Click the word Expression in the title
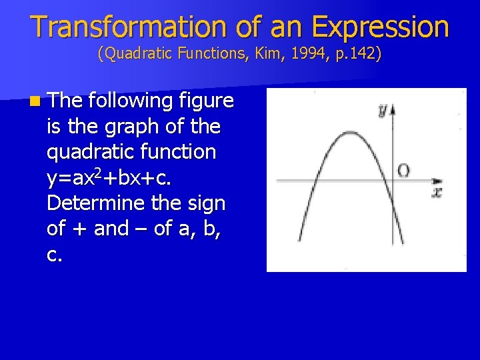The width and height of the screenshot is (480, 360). pos(380,27)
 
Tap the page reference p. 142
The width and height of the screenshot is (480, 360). pos(357,53)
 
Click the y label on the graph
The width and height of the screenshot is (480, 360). pos(383,111)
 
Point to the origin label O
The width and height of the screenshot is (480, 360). pos(404,171)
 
